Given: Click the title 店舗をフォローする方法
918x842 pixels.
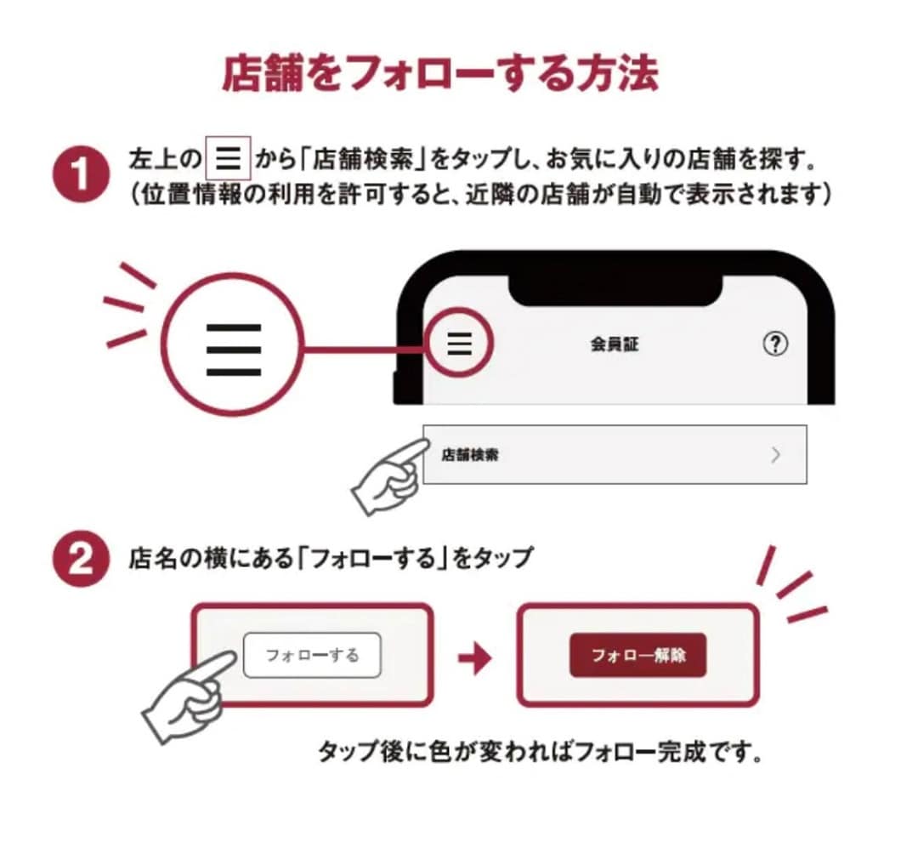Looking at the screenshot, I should [x=439, y=75].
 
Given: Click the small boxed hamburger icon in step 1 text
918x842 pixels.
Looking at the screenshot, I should [x=229, y=158].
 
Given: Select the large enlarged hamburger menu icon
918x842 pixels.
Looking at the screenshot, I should [x=233, y=350].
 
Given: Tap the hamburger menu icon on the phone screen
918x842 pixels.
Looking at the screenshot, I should [x=459, y=343].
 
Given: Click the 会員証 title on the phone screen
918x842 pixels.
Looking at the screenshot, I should [x=614, y=345].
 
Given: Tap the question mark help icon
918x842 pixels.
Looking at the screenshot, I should [x=774, y=344].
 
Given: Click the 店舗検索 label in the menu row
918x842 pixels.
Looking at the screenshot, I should [x=470, y=455].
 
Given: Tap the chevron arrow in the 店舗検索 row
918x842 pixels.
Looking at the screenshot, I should [x=774, y=455].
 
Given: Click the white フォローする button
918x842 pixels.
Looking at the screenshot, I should [x=312, y=656].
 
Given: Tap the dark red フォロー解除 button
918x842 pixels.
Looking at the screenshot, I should [x=637, y=656].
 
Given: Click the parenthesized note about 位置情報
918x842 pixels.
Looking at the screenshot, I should [x=480, y=195].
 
